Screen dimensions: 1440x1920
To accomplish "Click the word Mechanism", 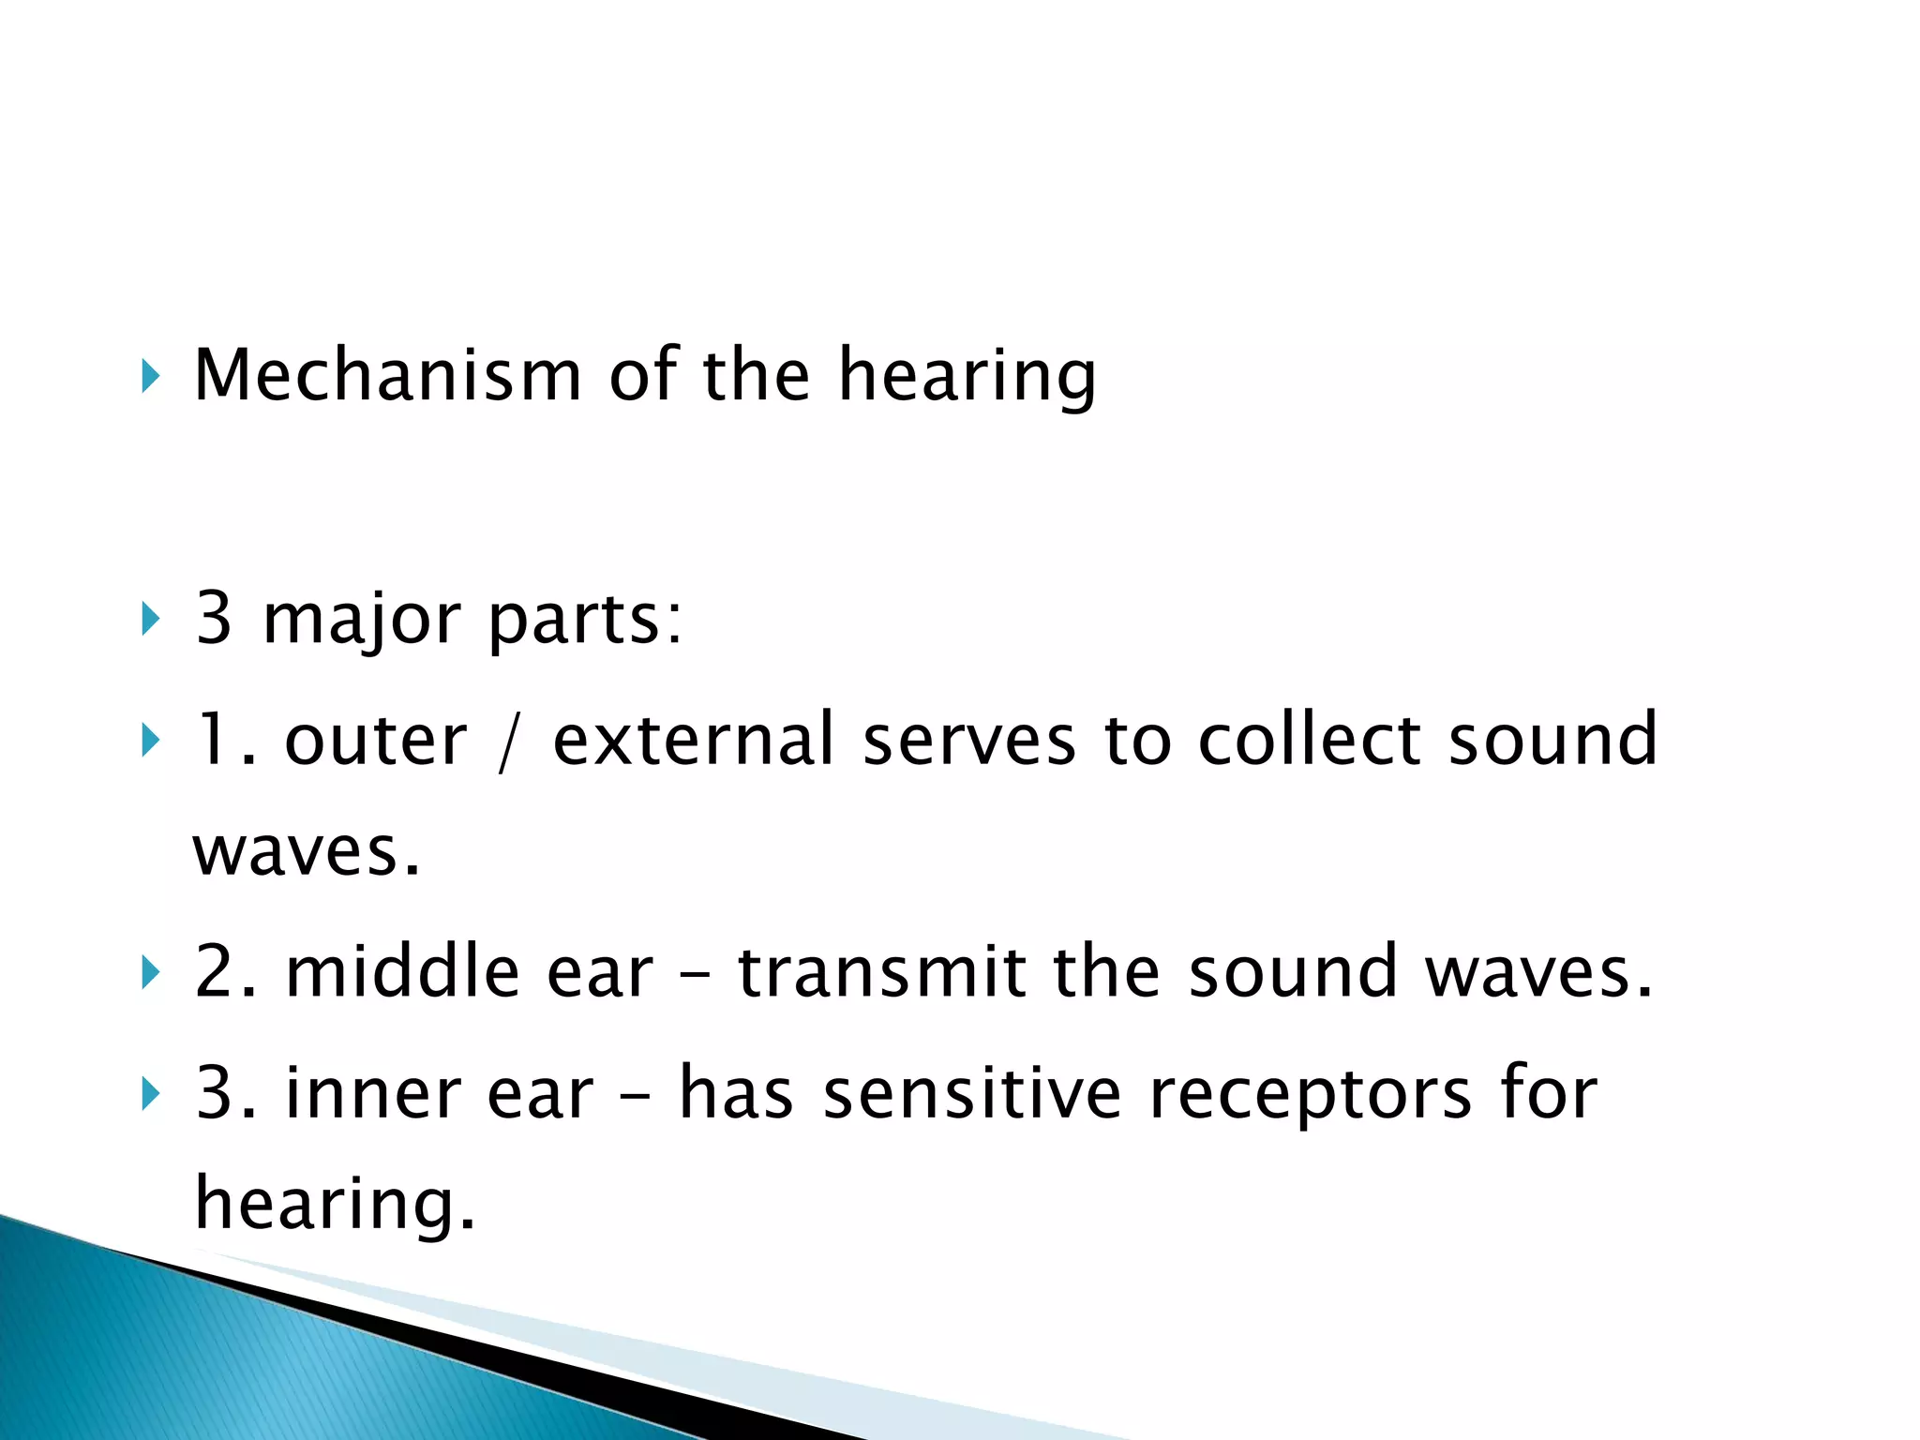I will click(387, 375).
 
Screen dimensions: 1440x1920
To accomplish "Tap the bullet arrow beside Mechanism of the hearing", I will click(149, 377).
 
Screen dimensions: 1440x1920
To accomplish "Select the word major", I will click(361, 620).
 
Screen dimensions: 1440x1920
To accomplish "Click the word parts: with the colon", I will click(586, 620).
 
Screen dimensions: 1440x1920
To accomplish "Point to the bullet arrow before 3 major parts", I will click(149, 620).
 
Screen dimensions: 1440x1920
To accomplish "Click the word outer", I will click(375, 741).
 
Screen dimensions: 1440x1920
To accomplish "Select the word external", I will click(693, 741).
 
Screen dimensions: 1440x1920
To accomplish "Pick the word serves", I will click(968, 741).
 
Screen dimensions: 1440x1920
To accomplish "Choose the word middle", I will click(402, 971).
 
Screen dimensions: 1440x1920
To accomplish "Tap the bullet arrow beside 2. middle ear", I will click(149, 972).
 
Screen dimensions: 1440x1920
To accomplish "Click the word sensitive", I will click(971, 1093).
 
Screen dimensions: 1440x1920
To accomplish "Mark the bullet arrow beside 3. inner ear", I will click(149, 1093).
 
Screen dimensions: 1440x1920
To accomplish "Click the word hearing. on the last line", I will click(335, 1204).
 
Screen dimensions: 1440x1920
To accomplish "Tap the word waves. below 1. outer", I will click(307, 851).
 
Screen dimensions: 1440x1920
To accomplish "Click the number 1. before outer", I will click(225, 741).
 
